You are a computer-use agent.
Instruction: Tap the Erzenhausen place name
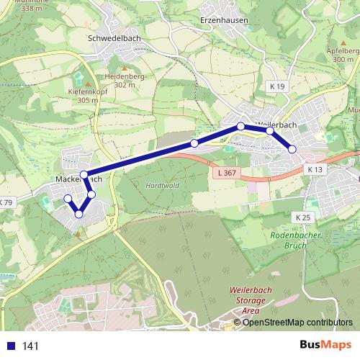click(x=224, y=21)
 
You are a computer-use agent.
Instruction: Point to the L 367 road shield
click(x=225, y=173)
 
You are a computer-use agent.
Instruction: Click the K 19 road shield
click(x=279, y=86)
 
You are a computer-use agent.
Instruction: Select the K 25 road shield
click(x=302, y=217)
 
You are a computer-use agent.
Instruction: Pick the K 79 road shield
click(x=6, y=203)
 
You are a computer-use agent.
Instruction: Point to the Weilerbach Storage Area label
click(x=240, y=300)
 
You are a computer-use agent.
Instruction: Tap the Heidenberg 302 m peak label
click(x=124, y=80)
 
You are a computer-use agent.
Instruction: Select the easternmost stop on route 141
click(x=292, y=149)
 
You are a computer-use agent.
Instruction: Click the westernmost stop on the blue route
click(x=68, y=199)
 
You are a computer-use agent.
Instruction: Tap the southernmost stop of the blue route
click(x=78, y=213)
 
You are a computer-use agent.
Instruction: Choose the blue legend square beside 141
click(x=11, y=346)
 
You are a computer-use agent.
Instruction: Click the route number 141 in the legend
click(x=30, y=346)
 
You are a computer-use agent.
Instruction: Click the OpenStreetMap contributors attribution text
click(x=297, y=322)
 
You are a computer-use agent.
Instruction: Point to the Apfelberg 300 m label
click(x=343, y=55)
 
